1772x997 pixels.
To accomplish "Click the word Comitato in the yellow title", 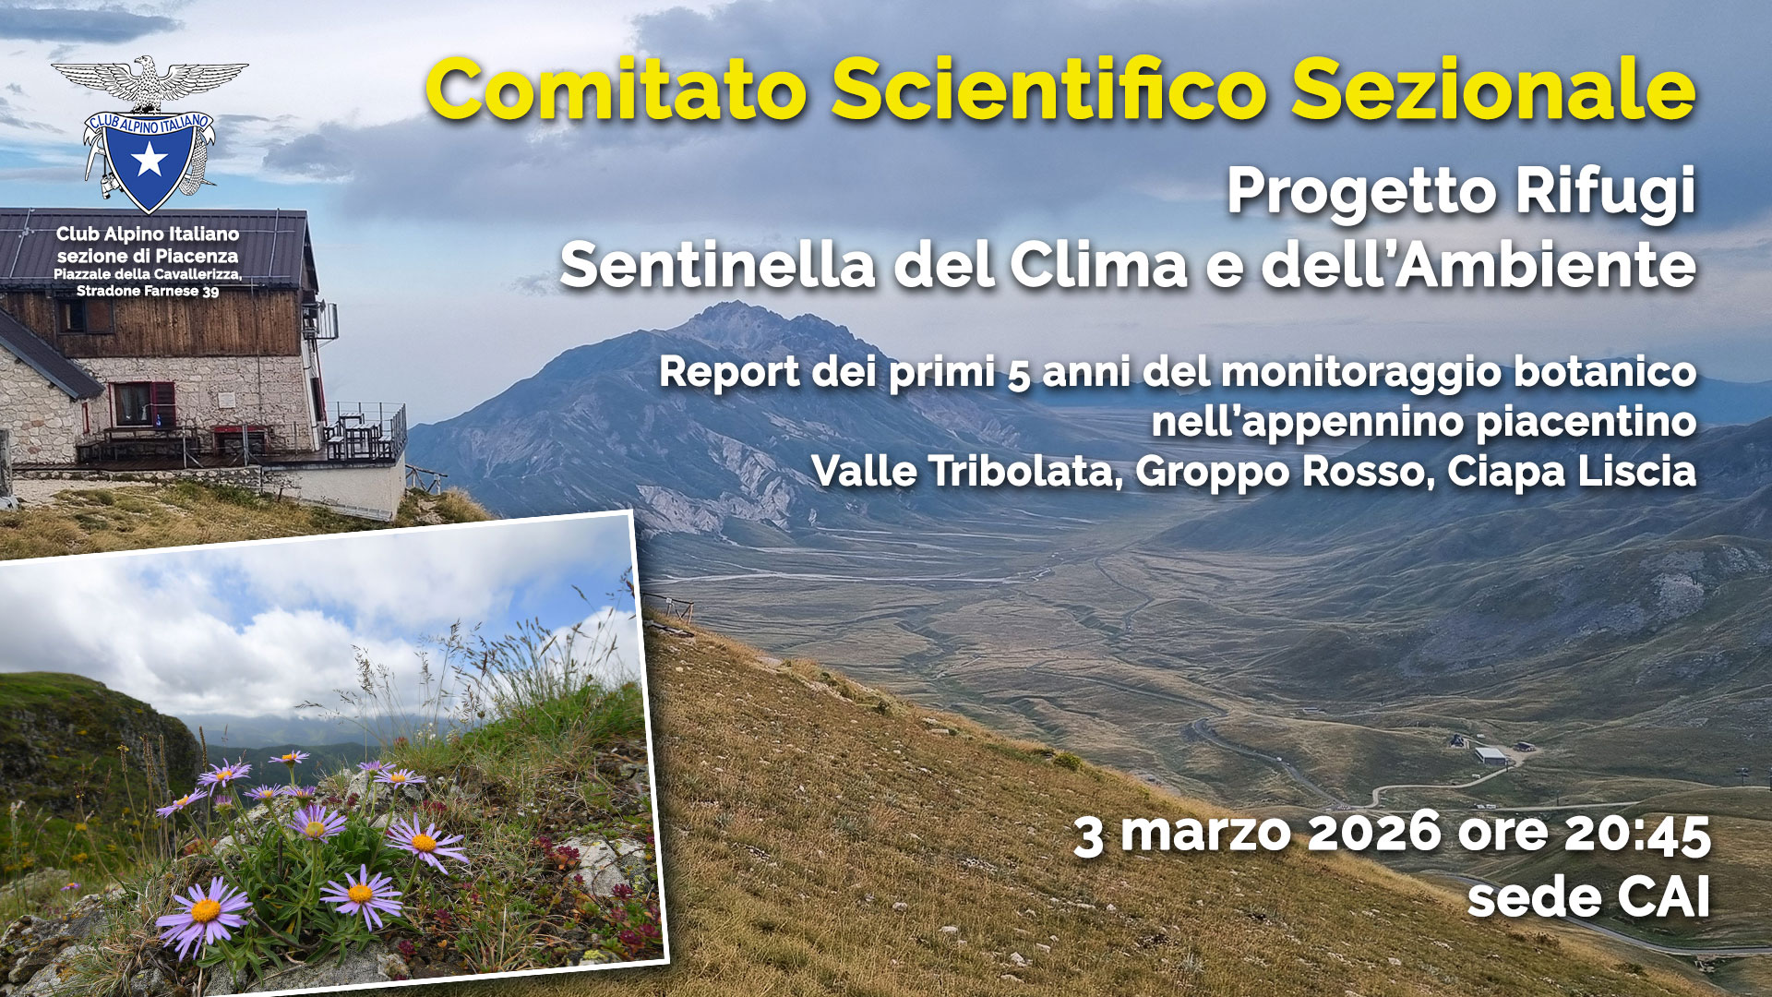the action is (617, 90).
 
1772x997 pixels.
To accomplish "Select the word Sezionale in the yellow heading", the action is (1493, 90).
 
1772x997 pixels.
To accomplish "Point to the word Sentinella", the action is (717, 265).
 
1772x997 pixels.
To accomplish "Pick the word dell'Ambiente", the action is (1479, 265).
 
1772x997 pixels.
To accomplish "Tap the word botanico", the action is (1605, 371).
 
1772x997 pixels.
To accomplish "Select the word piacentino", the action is (1586, 422).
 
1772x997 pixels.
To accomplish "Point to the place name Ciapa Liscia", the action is (1572, 472).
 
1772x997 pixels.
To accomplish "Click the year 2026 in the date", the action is (1374, 832).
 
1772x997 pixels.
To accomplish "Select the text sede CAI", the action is (1588, 897).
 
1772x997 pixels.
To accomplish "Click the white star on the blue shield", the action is (149, 160).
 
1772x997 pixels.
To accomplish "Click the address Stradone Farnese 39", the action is (148, 291).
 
